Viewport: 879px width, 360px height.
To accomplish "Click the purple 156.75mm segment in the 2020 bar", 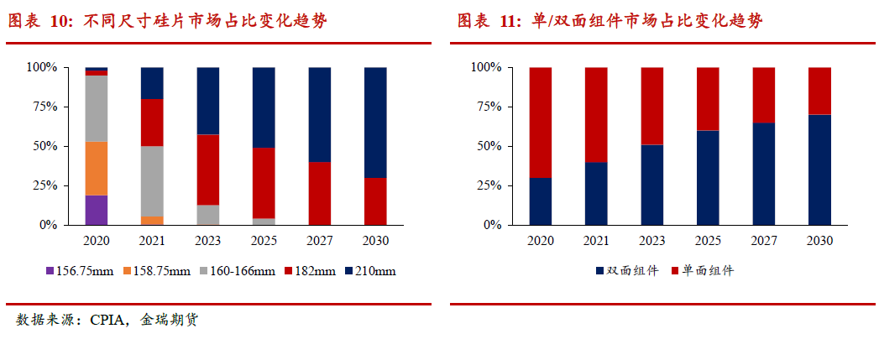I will point(97,210).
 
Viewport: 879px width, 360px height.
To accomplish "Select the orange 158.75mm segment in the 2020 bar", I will point(97,169).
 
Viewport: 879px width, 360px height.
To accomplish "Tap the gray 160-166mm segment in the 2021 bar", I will point(152,180).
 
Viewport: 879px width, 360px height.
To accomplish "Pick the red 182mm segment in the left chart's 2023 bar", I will point(207,170).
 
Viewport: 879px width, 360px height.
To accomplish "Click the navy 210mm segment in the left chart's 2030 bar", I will point(374,122).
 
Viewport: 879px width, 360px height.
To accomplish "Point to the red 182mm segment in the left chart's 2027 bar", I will point(319,193).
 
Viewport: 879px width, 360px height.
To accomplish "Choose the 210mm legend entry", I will point(369,271).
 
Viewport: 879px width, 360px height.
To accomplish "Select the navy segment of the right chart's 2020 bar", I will point(540,201).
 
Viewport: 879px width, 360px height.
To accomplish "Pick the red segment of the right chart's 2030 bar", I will point(819,91).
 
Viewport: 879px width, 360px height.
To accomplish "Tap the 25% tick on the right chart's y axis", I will point(487,185).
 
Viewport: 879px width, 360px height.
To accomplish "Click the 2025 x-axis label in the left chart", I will point(264,240).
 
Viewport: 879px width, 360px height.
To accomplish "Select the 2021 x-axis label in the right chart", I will point(595,240).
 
